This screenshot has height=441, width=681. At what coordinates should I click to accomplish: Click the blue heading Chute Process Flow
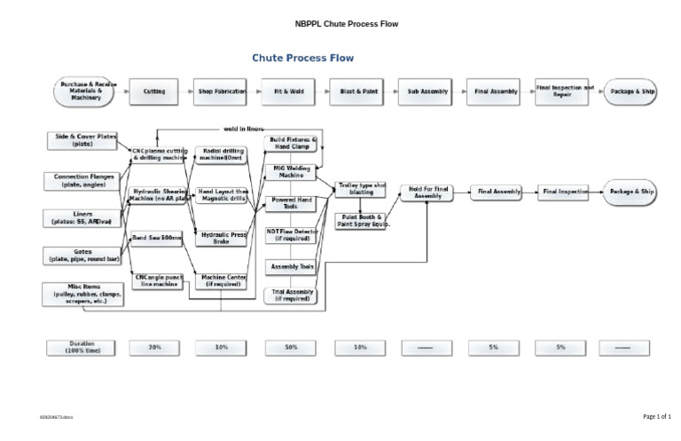tap(302, 59)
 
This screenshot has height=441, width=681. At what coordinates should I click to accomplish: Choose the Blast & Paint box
tap(359, 91)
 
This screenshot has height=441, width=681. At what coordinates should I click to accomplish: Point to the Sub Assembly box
tap(427, 91)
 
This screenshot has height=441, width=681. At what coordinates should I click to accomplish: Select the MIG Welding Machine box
tap(291, 171)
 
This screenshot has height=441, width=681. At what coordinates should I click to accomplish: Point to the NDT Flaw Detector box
tap(291, 234)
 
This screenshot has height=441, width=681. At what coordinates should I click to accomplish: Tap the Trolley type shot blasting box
tap(361, 188)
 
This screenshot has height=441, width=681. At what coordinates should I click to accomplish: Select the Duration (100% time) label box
tap(82, 347)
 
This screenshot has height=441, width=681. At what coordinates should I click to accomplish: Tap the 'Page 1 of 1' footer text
tap(656, 416)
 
